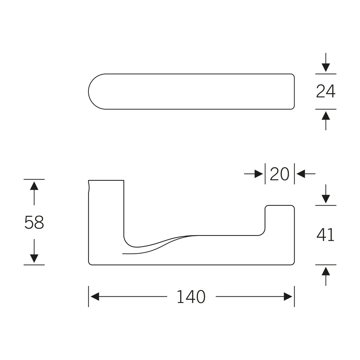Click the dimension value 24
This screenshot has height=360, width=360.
(326, 91)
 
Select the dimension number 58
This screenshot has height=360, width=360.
(34, 222)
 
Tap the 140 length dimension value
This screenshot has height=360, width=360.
(191, 297)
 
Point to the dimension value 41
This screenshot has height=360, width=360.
(326, 234)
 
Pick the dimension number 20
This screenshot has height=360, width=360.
(279, 174)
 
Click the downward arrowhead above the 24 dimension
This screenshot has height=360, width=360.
(326, 67)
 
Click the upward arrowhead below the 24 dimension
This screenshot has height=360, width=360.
(326, 116)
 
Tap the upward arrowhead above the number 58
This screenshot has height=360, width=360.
(34, 186)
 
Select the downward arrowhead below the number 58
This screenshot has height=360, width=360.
(34, 258)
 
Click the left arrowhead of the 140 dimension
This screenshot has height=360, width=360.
(95, 297)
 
